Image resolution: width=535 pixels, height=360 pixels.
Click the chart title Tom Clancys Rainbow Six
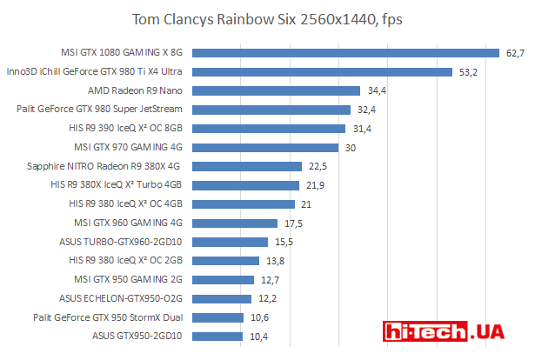point(267,18)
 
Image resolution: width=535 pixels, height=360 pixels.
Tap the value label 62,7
point(515,53)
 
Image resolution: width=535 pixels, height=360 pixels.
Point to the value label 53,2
point(468,72)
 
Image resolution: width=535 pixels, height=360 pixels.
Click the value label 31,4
point(362,129)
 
